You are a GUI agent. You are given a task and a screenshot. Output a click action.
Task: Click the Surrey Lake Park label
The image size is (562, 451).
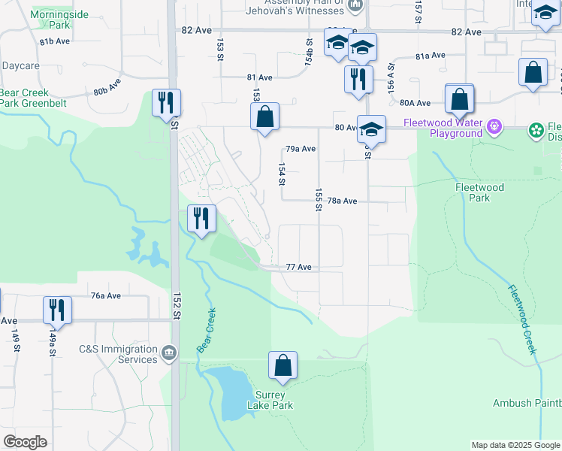coord(270,400)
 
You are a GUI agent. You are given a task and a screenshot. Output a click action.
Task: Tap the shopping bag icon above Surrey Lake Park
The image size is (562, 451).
coord(283,366)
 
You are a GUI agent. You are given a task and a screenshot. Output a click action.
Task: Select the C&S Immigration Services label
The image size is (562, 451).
coord(118,354)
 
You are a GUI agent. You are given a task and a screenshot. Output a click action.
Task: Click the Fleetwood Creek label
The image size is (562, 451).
coord(521,319)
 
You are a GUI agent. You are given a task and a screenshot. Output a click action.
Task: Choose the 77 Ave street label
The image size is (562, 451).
coord(298,267)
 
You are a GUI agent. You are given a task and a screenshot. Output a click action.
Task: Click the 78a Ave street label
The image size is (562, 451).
coord(342,201)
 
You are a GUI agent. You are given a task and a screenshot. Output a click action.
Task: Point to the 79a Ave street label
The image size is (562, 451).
coord(301,149)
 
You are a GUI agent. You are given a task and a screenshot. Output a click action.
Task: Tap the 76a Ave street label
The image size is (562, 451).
coord(106,296)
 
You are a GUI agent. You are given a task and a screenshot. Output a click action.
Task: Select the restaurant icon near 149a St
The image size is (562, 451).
coord(57,308)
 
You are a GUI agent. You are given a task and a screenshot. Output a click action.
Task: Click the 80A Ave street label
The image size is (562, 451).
coord(415,103)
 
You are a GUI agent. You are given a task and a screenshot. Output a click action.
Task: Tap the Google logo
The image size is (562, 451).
coord(25,442)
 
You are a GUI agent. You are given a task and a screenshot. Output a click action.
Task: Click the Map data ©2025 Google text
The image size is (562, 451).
coord(515,445)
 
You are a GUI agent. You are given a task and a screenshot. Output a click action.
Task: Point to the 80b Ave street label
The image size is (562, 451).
coord(107,86)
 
